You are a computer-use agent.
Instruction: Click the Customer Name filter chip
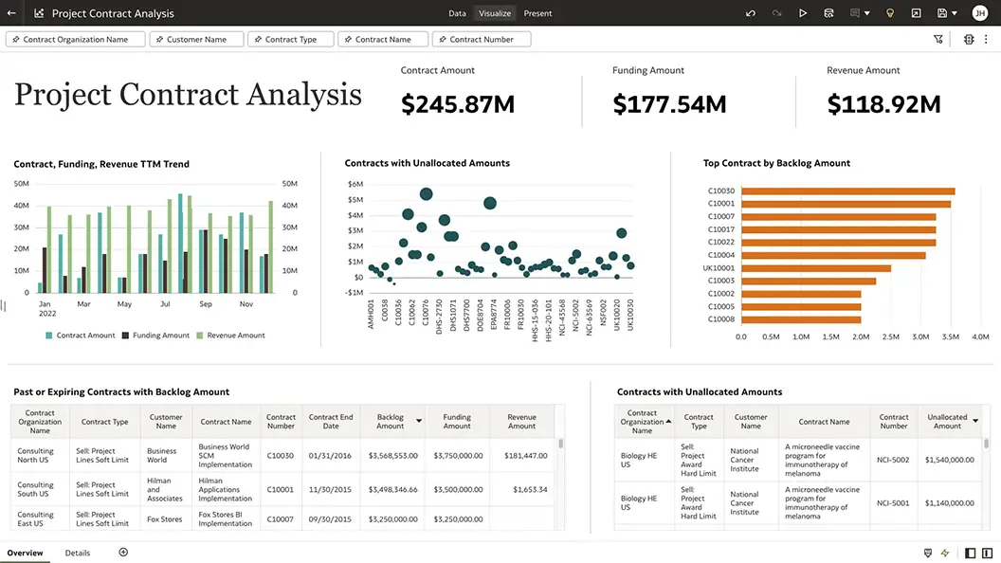pos(197,40)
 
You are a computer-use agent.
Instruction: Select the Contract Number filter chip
pos(482,40)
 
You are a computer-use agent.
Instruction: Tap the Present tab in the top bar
pos(537,13)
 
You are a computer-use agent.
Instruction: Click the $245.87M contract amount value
pos(458,104)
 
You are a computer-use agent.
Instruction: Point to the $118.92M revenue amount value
pos(883,104)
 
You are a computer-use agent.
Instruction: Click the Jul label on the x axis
pos(165,304)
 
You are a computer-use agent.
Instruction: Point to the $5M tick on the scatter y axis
pos(355,200)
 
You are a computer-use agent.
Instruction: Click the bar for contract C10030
pos(847,191)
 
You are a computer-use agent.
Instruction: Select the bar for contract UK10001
pos(815,268)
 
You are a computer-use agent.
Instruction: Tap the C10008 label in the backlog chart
pos(720,319)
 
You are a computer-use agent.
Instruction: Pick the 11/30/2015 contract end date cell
pos(331,490)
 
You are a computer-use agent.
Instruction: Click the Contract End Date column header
pos(331,421)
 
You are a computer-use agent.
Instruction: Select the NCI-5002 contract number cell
pos(893,460)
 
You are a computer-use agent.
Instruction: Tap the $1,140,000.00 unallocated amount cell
pos(949,503)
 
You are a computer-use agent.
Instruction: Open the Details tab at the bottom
pos(78,553)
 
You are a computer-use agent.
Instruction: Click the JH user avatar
pos(979,13)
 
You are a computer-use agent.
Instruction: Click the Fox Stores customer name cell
pos(165,519)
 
